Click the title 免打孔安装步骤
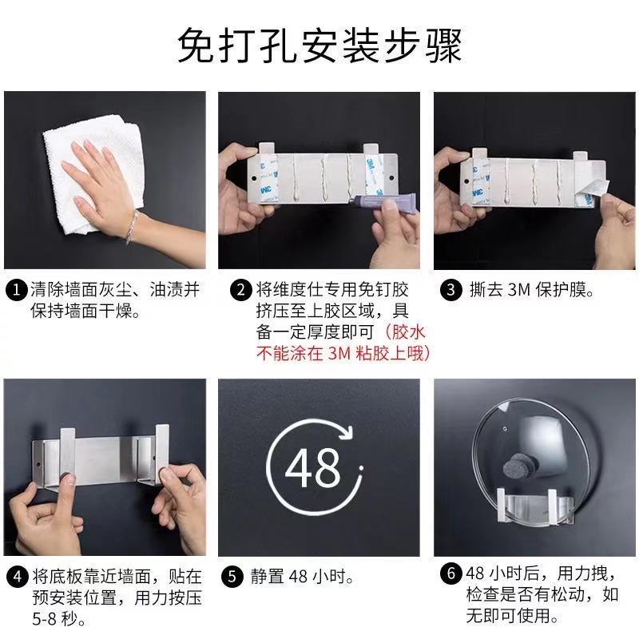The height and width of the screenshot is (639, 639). click(319, 45)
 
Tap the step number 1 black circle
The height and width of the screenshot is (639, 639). click(17, 290)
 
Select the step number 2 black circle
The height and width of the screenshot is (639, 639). click(241, 290)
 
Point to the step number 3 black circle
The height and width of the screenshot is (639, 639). click(450, 290)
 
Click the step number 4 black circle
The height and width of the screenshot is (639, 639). click(18, 577)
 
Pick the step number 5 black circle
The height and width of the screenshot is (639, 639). click(232, 577)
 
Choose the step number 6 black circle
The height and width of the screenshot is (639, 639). click(450, 573)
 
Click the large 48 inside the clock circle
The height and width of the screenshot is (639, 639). click(312, 468)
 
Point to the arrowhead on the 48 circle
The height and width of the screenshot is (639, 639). click(347, 431)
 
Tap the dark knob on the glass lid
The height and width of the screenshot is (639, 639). click(517, 466)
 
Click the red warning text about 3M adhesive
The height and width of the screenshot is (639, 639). click(343, 343)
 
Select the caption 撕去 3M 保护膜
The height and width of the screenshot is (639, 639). click(531, 290)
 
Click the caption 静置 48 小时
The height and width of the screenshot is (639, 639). click(302, 577)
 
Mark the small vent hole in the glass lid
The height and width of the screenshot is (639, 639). click(506, 429)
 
